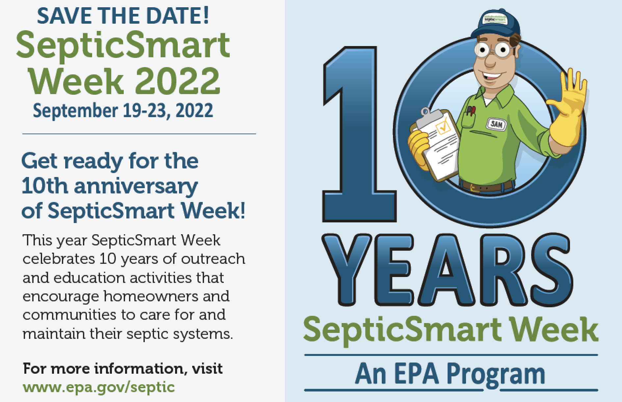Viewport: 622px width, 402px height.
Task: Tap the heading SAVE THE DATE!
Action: click(123, 16)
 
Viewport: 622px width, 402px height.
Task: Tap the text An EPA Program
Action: click(450, 374)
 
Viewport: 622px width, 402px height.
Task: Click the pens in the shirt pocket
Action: click(471, 110)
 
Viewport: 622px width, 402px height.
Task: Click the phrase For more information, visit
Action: click(123, 369)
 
